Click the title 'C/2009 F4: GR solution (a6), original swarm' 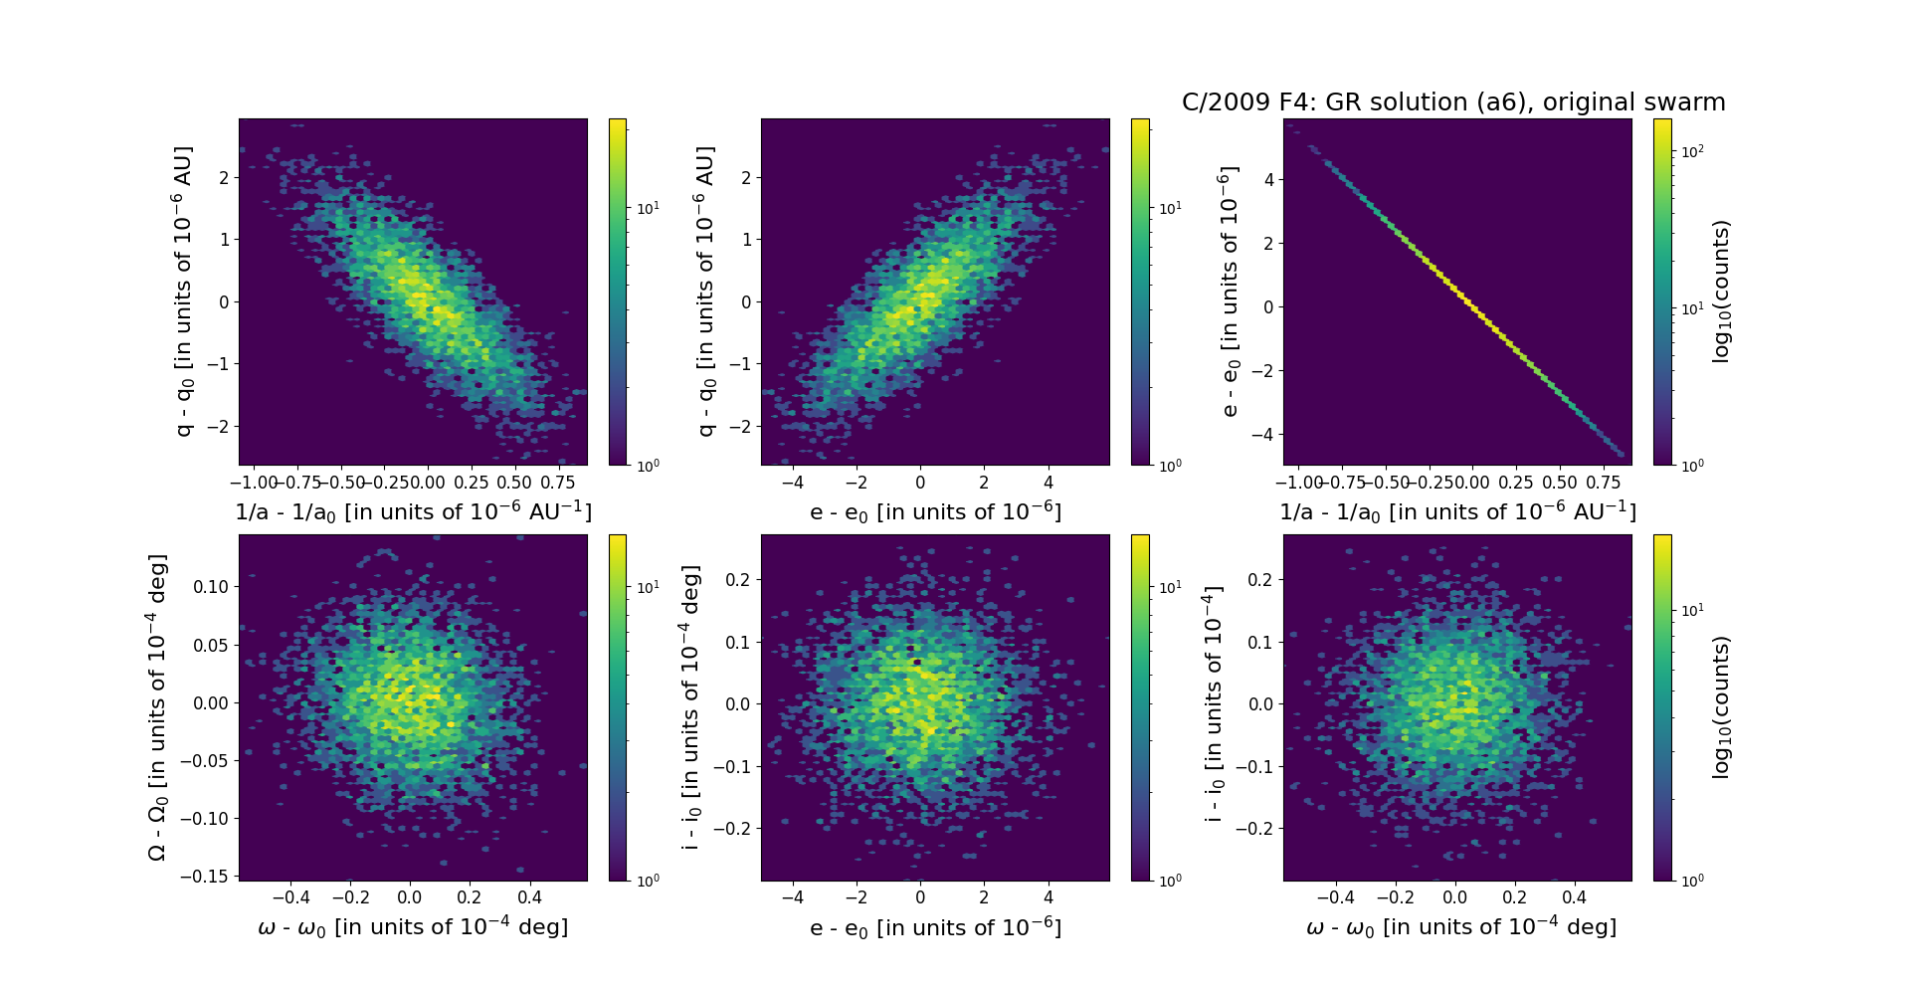click(x=1453, y=102)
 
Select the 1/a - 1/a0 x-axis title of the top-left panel click(x=413, y=511)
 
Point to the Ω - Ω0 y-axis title click(x=157, y=707)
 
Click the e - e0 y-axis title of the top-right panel click(x=1230, y=292)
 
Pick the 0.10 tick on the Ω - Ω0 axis click(x=210, y=587)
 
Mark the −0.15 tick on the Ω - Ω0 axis click(x=204, y=877)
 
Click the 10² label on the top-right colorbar click(x=1692, y=151)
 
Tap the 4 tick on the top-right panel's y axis click(x=1268, y=179)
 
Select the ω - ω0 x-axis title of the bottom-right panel click(x=1461, y=927)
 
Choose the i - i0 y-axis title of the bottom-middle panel click(x=691, y=707)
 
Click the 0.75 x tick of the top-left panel click(x=558, y=483)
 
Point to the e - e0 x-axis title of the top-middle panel click(x=935, y=511)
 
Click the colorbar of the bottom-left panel click(x=618, y=707)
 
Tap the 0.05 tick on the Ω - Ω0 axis click(x=210, y=645)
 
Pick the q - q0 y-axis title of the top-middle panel click(x=705, y=292)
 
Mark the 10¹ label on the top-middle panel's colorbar click(x=1170, y=208)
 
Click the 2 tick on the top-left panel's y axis click(x=224, y=178)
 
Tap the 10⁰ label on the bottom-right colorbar click(x=1692, y=880)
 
